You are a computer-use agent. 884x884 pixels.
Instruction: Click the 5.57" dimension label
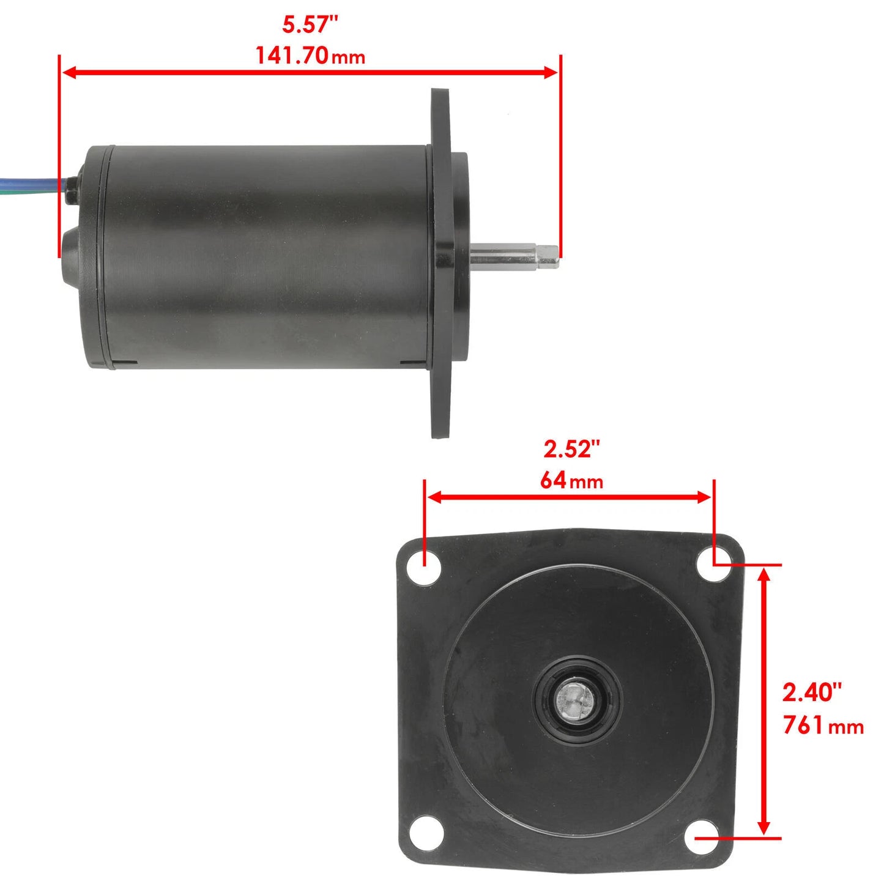pyautogui.click(x=310, y=25)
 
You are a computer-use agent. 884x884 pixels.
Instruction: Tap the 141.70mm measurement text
pyautogui.click(x=310, y=56)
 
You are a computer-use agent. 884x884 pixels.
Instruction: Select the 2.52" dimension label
pyautogui.click(x=572, y=449)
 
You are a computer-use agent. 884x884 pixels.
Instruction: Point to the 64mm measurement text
pyautogui.click(x=571, y=480)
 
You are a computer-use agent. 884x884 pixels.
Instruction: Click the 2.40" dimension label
pyautogui.click(x=812, y=693)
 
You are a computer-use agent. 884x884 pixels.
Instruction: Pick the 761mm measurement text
pyautogui.click(x=823, y=726)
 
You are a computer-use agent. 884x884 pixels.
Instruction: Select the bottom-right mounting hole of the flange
pyautogui.click(x=700, y=839)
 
